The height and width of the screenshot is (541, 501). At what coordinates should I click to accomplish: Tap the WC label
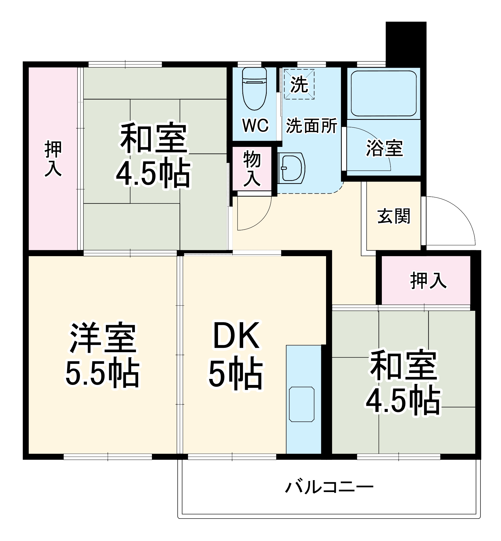[255, 125]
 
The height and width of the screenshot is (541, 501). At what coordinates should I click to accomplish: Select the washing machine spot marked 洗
[299, 84]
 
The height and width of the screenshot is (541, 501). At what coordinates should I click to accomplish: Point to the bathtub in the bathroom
[384, 93]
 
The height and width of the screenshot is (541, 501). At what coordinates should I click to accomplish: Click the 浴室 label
[385, 148]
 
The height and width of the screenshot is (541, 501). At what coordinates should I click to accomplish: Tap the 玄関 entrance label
[394, 216]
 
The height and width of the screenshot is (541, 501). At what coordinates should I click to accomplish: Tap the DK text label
[236, 336]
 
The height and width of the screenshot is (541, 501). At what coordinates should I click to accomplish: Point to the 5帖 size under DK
[236, 375]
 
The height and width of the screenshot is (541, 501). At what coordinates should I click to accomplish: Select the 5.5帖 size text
[102, 372]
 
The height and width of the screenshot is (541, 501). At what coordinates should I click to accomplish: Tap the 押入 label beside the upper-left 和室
[53, 159]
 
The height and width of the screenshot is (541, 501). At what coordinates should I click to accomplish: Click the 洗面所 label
[311, 126]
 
